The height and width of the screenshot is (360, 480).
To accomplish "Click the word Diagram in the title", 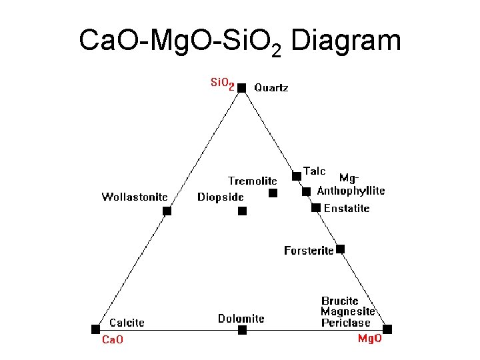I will click(346, 41).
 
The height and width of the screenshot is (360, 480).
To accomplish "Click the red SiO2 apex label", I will click(222, 84).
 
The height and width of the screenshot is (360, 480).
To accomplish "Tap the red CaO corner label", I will click(112, 340).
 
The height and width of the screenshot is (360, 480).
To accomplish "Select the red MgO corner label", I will click(370, 339).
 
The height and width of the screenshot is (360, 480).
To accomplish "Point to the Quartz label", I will click(271, 87).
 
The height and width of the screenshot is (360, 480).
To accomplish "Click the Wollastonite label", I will click(135, 197).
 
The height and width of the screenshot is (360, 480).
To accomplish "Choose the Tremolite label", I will click(253, 181).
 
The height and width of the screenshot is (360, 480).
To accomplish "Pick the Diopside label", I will click(221, 197).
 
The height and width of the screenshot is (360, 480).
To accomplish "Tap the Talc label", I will click(315, 171).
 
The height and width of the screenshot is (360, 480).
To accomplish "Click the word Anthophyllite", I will click(351, 191).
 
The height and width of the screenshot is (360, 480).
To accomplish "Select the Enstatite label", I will click(347, 209).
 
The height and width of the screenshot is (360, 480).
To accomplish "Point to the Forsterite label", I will click(309, 251).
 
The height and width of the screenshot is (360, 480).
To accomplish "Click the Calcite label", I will click(127, 323).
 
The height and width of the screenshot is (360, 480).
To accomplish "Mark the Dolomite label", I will click(241, 319).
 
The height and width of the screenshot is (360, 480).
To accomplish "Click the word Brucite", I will click(340, 301).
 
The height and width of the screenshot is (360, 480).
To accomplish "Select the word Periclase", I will click(345, 323).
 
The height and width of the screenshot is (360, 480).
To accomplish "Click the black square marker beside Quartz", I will click(242, 87).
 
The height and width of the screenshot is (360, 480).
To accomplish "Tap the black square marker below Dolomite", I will click(242, 329).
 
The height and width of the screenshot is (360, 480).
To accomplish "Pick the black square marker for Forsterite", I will click(340, 249).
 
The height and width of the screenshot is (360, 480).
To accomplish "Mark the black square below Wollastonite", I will click(167, 211).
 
